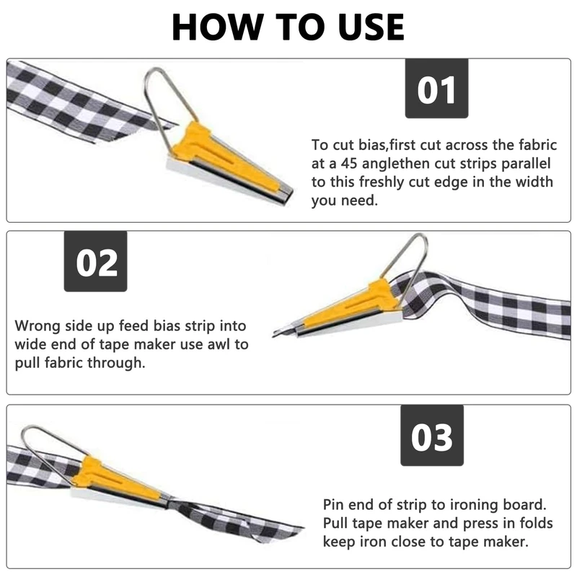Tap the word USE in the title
pos(371,27)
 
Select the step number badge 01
pos(436,88)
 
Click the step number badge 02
pos(96,261)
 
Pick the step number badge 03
pos(432,436)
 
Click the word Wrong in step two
pos(38,326)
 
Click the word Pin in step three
pos(333,504)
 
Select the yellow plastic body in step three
pos(114,478)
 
